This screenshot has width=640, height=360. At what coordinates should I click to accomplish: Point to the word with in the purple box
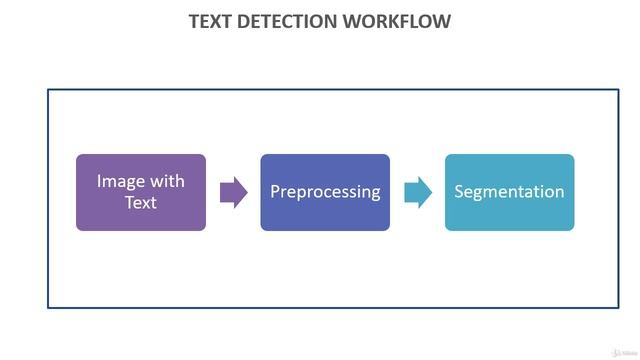[x=165, y=181]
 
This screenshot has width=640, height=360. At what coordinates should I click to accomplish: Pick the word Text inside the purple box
[x=141, y=202]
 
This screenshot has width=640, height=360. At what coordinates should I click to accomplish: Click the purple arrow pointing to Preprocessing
[x=232, y=192]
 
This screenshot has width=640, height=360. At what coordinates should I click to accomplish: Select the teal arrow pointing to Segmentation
[x=417, y=192]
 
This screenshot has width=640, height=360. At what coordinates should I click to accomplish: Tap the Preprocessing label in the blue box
[x=325, y=192]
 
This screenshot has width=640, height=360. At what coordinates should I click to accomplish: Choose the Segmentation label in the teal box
[x=509, y=192]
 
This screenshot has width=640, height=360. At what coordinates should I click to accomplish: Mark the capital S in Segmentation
[x=460, y=191]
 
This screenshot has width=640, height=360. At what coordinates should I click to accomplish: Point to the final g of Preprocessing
[x=375, y=194]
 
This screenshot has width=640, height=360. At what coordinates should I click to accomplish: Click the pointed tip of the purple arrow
[x=246, y=192]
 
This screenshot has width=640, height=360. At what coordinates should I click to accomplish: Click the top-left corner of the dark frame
[x=48, y=90]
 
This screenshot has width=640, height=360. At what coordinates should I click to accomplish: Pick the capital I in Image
[x=99, y=181]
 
